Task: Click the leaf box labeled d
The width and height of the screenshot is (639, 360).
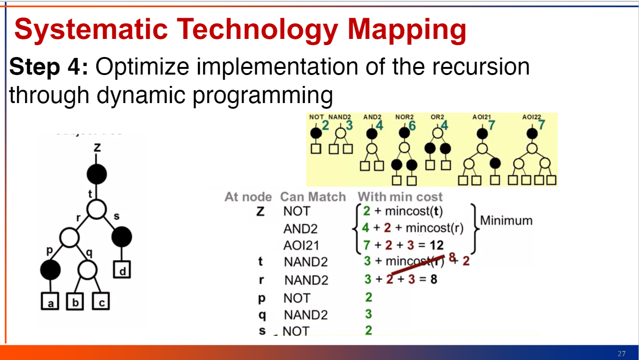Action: point(122,270)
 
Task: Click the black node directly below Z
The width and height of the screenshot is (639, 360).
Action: point(97,174)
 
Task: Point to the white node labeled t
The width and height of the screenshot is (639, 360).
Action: point(97,209)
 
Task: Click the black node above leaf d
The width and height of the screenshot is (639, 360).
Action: point(122,237)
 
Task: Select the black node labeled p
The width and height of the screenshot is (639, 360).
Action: point(50,270)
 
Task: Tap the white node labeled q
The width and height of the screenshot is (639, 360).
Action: point(87,270)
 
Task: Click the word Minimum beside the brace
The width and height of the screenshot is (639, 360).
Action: point(506,220)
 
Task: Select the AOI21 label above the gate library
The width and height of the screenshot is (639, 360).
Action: point(481,116)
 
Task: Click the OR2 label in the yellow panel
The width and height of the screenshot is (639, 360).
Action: point(437,116)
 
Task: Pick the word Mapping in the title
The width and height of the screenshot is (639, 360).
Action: point(407,29)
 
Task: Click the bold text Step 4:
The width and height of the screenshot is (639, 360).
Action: point(48,67)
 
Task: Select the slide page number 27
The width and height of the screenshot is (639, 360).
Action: point(621,353)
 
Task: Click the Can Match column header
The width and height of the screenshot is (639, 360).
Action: point(313,197)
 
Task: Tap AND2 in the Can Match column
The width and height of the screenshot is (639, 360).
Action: point(300,229)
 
